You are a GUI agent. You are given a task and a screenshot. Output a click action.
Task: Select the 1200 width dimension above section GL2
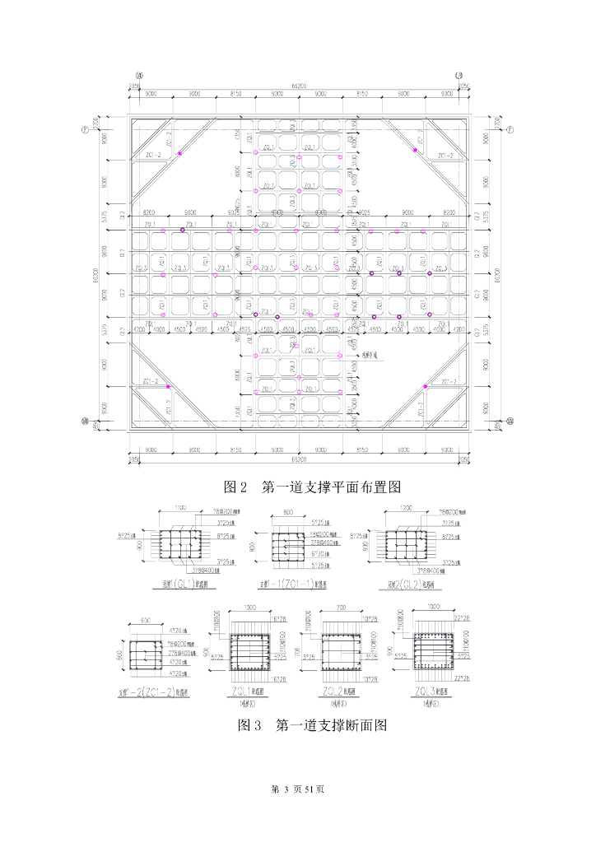[406, 508]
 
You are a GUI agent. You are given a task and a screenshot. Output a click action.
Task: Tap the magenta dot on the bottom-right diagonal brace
[425, 386]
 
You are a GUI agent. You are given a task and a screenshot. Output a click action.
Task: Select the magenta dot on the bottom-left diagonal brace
[168, 386]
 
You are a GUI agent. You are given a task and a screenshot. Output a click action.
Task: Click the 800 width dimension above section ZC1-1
[288, 512]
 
